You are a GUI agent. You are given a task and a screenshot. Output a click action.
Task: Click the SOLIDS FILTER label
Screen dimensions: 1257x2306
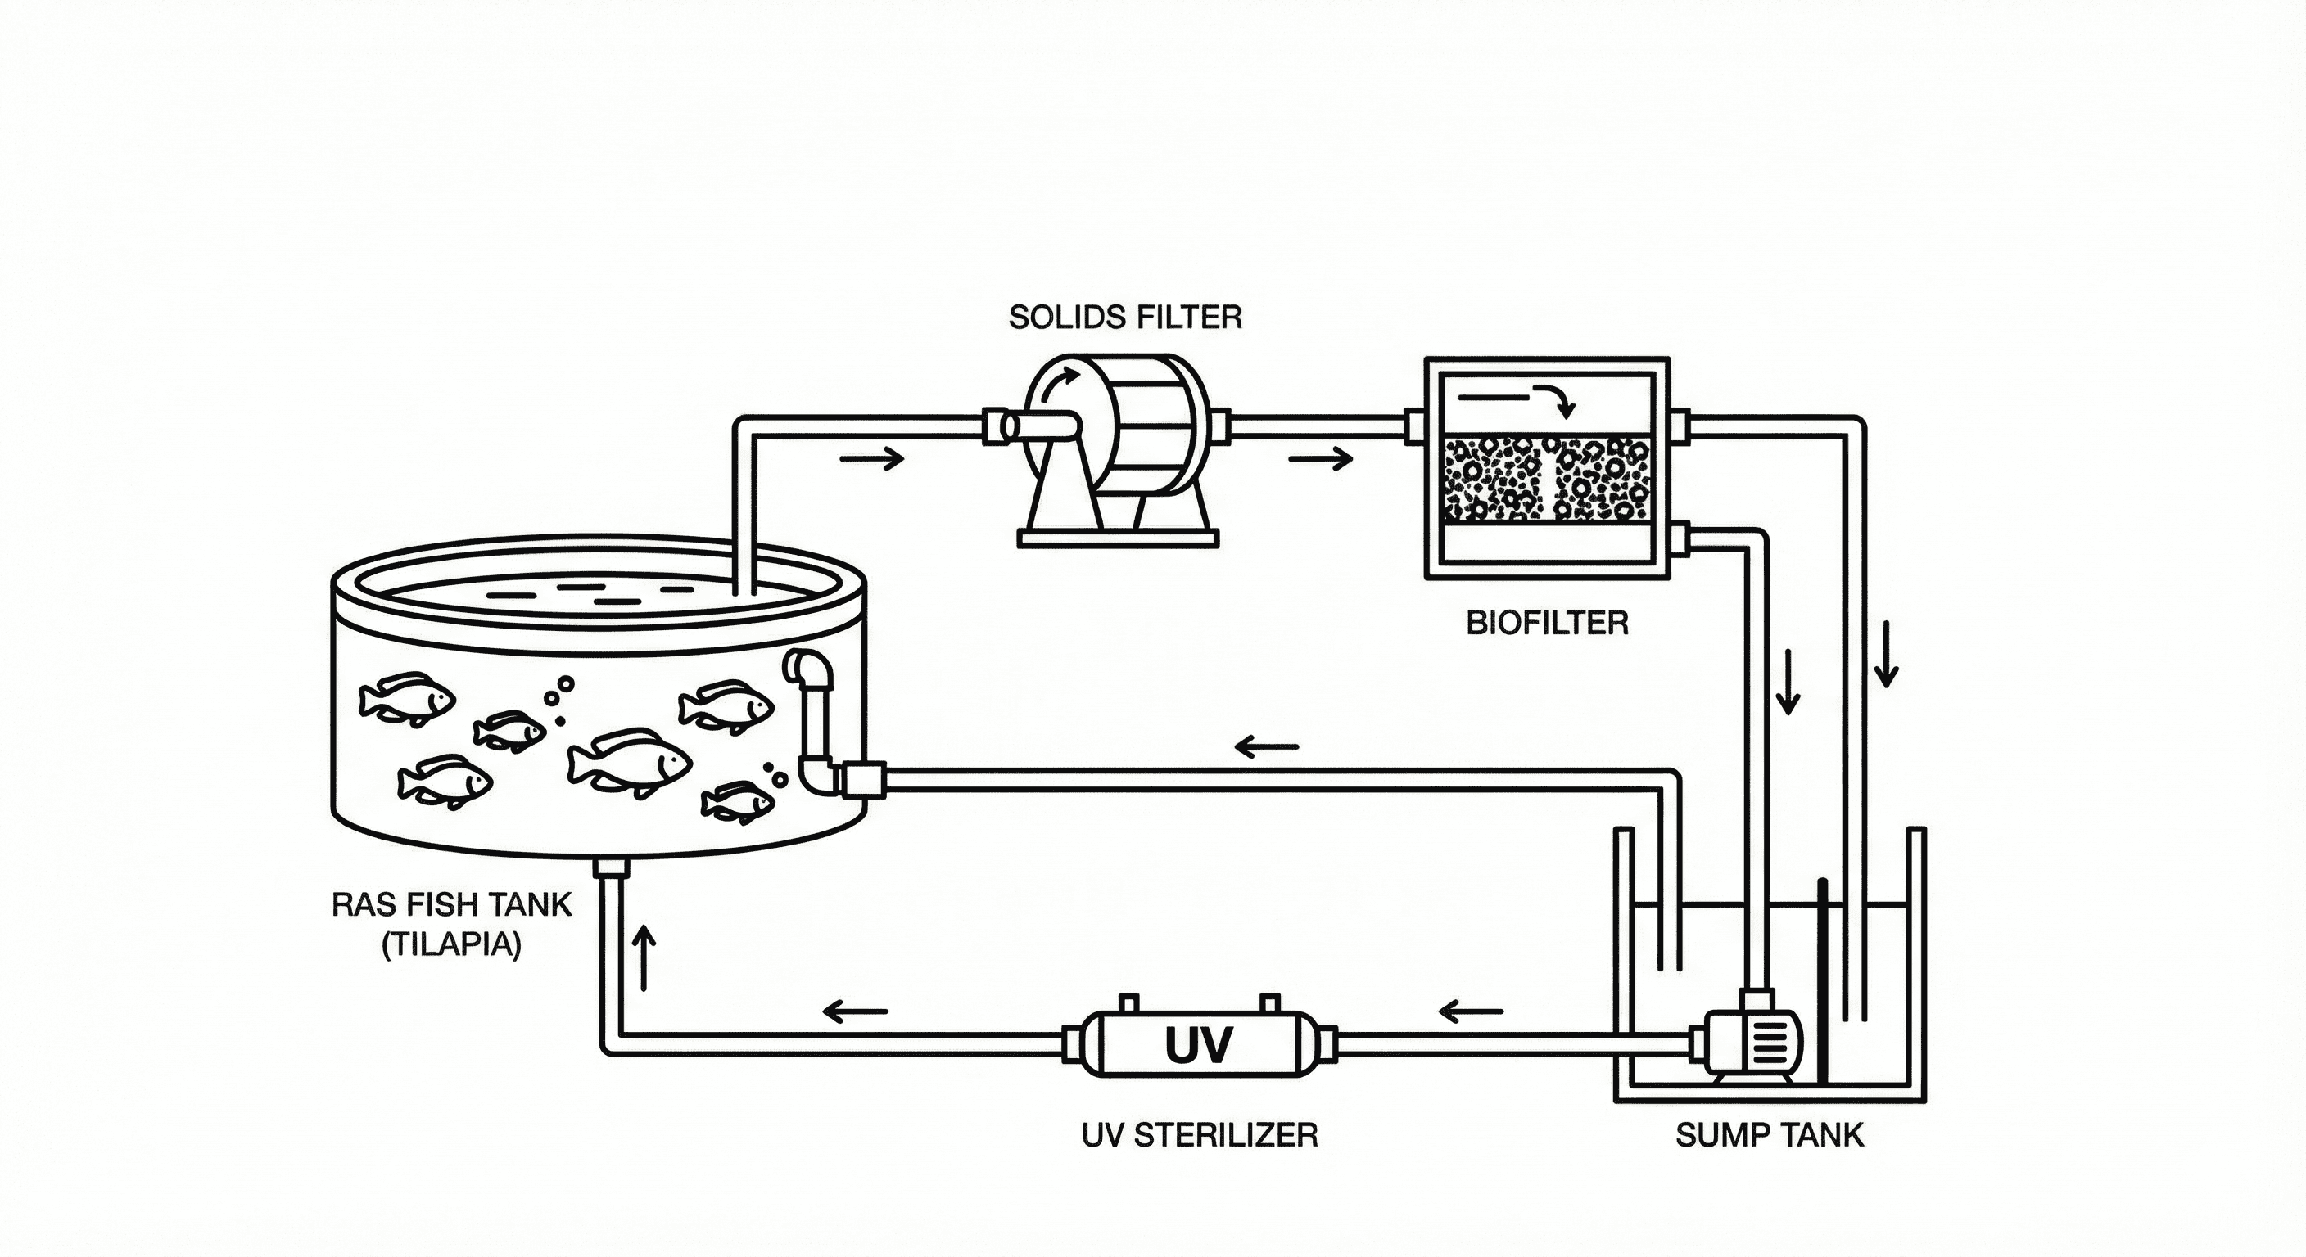pos(1125,317)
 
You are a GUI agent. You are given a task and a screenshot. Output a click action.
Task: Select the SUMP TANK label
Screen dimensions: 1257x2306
pos(1769,1135)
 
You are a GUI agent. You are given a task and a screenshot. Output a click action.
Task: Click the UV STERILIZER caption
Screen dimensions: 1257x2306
pos(1200,1135)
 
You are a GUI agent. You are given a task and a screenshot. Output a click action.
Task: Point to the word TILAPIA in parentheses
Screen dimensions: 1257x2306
pos(452,946)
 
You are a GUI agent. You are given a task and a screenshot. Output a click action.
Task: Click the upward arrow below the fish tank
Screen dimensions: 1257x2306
pos(644,957)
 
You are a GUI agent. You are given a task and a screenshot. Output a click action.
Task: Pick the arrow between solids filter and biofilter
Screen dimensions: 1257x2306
pos(1319,460)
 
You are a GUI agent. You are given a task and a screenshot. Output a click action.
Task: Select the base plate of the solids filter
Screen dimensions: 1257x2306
pos(1119,538)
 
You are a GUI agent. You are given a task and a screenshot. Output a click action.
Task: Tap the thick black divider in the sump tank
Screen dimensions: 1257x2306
pos(1822,980)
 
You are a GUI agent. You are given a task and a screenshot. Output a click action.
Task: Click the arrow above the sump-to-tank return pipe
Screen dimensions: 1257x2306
pos(1267,746)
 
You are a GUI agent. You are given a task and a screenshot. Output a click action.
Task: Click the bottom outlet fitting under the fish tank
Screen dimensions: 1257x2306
pos(613,867)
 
